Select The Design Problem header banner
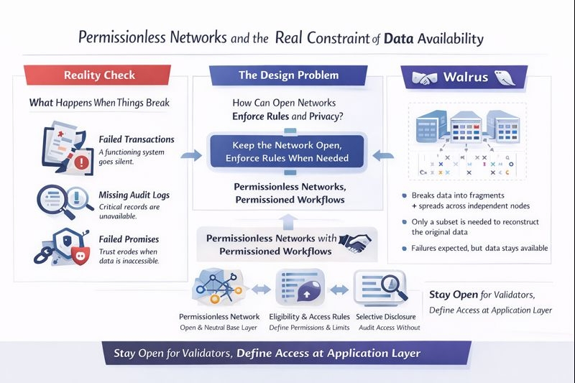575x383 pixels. [x=287, y=75]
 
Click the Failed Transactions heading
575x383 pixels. [x=137, y=139]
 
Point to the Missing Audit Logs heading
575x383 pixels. [x=134, y=195]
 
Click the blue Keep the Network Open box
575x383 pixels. [x=287, y=152]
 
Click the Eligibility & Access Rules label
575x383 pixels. [x=308, y=316]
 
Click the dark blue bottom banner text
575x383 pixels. [x=267, y=353]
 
